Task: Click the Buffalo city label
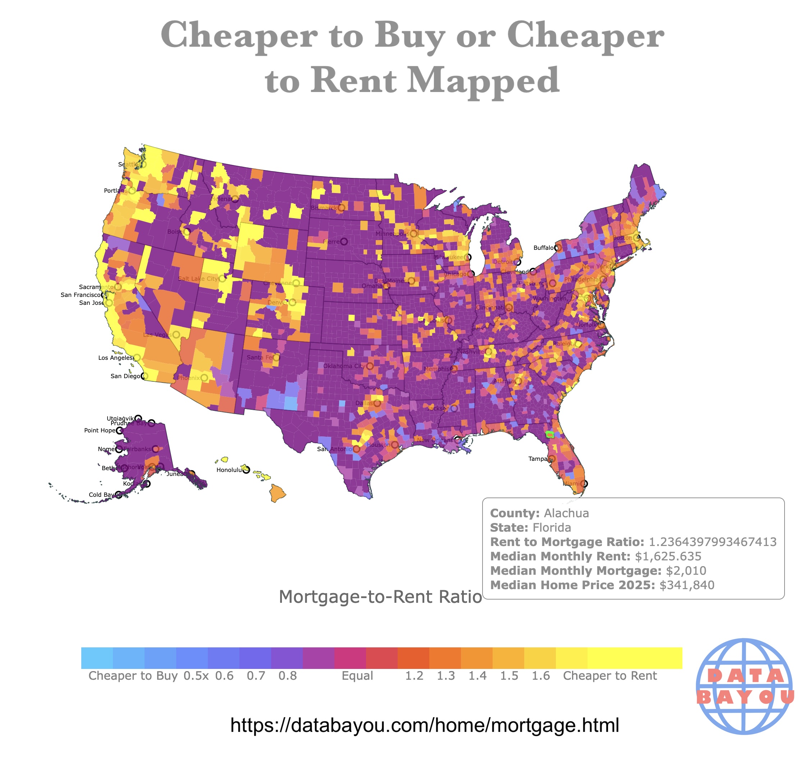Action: [543, 248]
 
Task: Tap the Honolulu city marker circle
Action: [246, 470]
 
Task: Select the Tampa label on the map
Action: [537, 459]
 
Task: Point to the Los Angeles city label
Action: [115, 358]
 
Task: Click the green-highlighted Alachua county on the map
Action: [550, 435]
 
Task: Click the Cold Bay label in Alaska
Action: [101, 495]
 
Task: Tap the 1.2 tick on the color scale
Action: [414, 676]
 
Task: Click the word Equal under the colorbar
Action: [357, 676]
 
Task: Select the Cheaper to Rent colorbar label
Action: [609, 676]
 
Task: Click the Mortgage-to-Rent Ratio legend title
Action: [380, 597]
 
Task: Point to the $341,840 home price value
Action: [686, 585]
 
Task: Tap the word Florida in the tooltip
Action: [552, 528]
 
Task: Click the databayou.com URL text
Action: [424, 725]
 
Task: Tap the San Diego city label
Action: [125, 376]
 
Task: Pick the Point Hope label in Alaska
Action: [100, 430]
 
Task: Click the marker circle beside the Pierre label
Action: [344, 242]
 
